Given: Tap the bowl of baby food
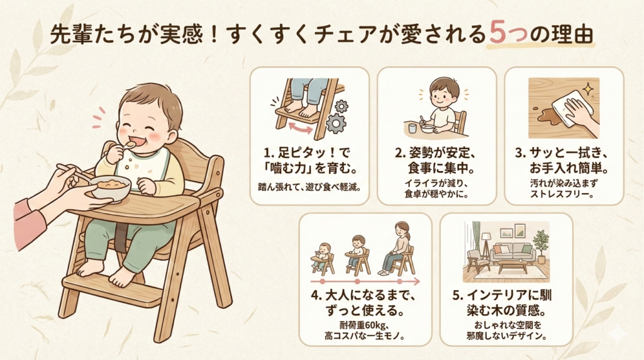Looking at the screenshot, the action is [110, 188].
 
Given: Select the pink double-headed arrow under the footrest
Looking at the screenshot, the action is [300, 128].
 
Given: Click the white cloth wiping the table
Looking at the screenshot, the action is [573, 105].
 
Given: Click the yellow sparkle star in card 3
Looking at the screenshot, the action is [589, 89].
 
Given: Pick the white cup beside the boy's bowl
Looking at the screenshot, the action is [413, 128].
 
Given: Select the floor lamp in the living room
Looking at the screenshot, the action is [487, 247].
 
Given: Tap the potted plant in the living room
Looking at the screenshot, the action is [540, 246].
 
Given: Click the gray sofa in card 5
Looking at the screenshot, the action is [513, 252].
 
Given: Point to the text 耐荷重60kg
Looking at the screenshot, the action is [364, 326].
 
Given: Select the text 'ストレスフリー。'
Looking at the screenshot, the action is [562, 194].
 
